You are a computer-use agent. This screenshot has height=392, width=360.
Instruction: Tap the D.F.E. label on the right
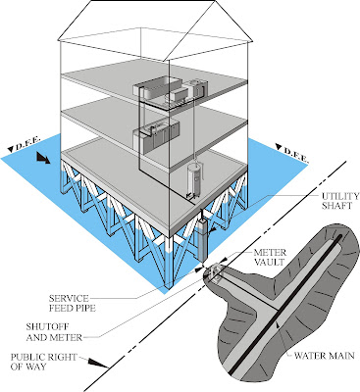(298, 154)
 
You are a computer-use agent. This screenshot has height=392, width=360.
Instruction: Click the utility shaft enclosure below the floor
(201, 239)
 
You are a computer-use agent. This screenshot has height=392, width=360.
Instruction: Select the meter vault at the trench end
(215, 273)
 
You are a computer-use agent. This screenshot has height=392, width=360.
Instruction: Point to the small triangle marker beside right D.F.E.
(279, 154)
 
